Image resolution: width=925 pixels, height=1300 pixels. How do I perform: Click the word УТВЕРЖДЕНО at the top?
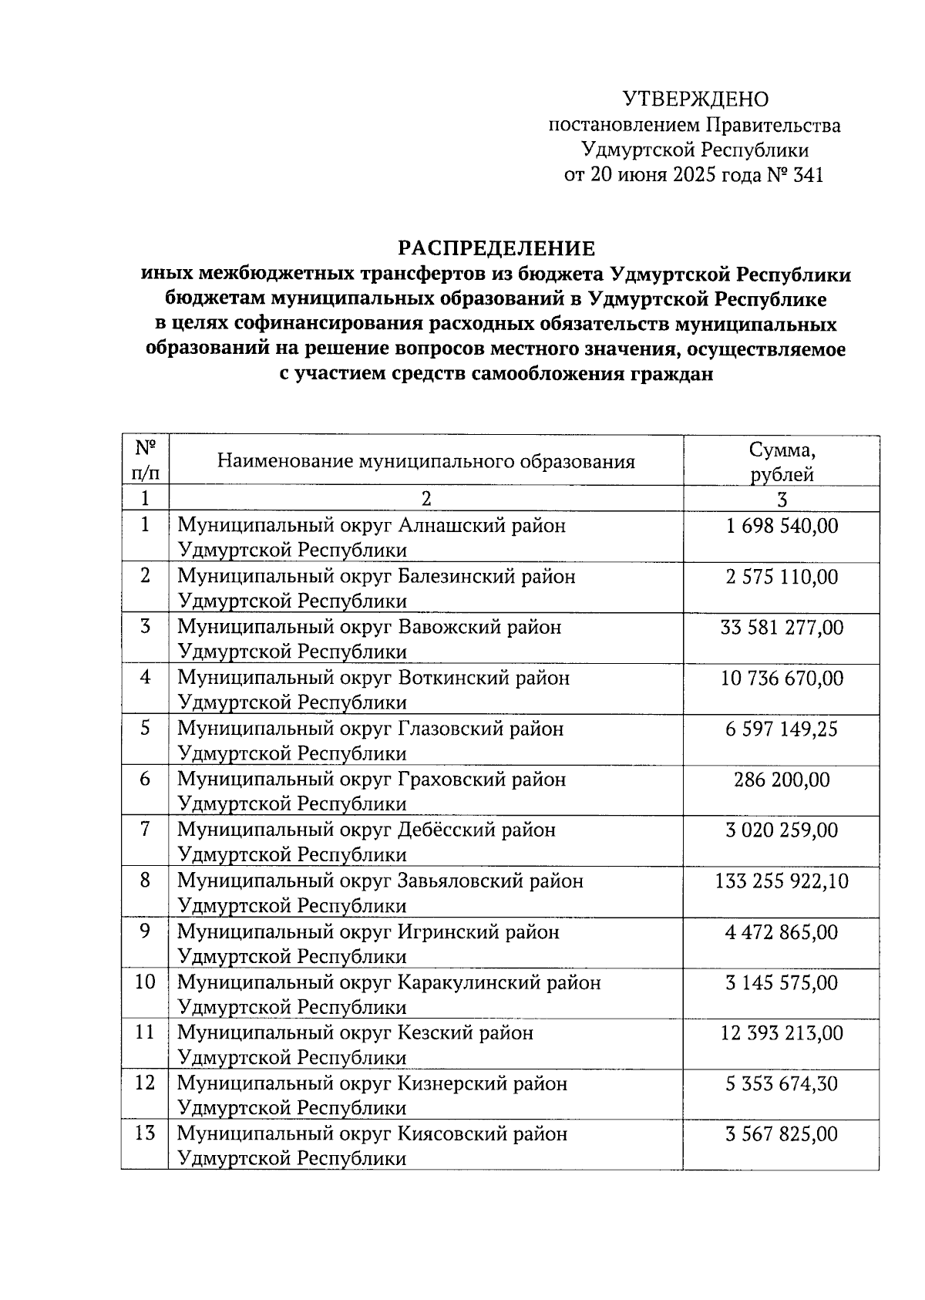point(695,99)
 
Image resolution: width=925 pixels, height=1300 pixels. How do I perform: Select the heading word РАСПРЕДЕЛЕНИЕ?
point(496,248)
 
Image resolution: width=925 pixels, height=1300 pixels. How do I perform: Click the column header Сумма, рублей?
point(782,461)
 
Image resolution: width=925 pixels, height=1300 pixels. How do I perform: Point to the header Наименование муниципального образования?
point(425,461)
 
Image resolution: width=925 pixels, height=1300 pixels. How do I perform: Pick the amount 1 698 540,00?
point(782,526)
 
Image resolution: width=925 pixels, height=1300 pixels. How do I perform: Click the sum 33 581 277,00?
point(782,628)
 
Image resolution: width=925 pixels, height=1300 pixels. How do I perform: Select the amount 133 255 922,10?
point(782,881)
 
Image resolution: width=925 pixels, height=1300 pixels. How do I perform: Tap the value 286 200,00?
point(782,780)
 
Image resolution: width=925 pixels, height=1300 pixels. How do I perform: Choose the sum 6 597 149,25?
point(782,729)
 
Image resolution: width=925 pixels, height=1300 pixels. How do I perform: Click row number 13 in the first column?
point(145,1133)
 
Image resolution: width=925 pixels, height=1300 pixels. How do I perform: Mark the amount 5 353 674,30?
point(782,1083)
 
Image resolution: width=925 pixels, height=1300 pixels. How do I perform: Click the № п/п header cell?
point(145,460)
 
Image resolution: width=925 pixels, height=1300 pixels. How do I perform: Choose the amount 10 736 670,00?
point(782,678)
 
